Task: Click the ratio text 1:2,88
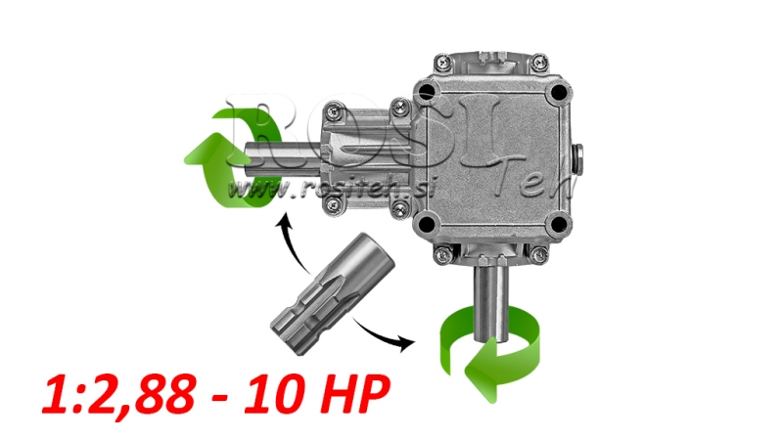click(x=118, y=394)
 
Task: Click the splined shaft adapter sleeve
click(x=333, y=294)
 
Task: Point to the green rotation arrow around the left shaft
click(x=219, y=164)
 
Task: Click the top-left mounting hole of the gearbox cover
click(x=428, y=91)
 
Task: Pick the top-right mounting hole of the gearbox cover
click(x=557, y=92)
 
